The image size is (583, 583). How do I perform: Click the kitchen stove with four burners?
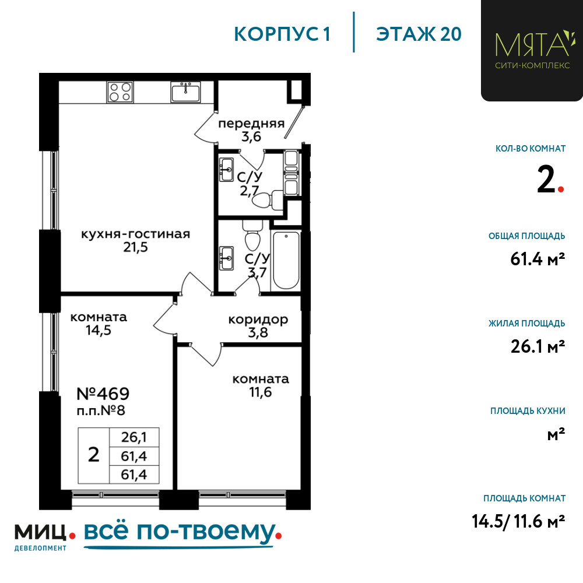pyautogui.click(x=120, y=92)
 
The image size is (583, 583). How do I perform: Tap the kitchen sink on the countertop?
pyautogui.click(x=185, y=92)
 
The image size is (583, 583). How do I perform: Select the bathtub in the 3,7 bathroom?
pyautogui.click(x=286, y=260)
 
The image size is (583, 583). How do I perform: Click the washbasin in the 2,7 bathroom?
pyautogui.click(x=226, y=170)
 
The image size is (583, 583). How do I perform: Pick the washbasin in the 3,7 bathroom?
pyautogui.click(x=226, y=258)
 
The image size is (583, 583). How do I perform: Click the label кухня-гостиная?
pyautogui.click(x=135, y=234)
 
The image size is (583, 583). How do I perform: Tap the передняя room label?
pyautogui.click(x=251, y=123)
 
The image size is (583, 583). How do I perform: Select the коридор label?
pyautogui.click(x=258, y=319)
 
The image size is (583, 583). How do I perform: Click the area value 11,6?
pyautogui.click(x=261, y=392)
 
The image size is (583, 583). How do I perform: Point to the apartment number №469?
pyautogui.click(x=103, y=394)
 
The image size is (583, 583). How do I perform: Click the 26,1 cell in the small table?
pyautogui.click(x=134, y=437)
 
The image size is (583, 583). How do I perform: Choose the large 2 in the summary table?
pyautogui.click(x=94, y=455)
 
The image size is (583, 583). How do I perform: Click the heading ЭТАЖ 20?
pyautogui.click(x=419, y=34)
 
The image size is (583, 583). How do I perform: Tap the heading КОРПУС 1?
pyautogui.click(x=282, y=34)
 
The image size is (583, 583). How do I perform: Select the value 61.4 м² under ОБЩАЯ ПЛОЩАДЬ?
pyautogui.click(x=538, y=259)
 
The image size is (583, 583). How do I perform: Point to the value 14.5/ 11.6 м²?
pyautogui.click(x=518, y=521)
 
